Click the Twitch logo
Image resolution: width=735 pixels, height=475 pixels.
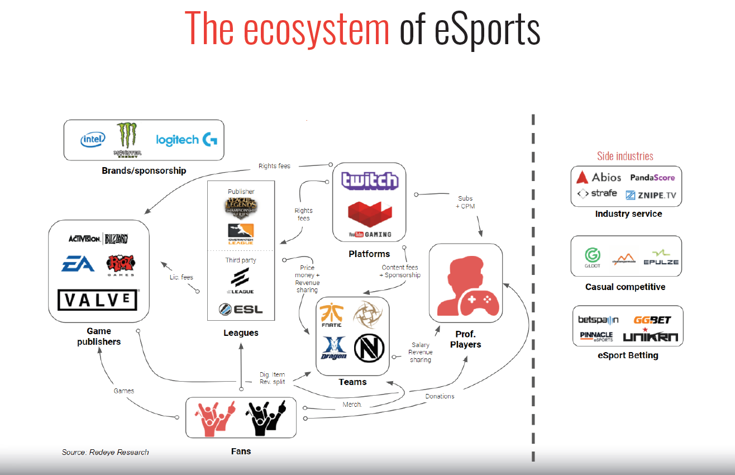(370, 180)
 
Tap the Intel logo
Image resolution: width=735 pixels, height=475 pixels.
(93, 140)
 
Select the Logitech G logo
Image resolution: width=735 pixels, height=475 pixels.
(187, 140)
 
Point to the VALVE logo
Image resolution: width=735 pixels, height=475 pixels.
(98, 300)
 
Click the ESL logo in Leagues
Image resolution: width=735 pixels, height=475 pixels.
(241, 309)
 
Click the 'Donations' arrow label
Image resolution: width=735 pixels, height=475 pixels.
(440, 396)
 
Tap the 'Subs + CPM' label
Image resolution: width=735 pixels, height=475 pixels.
(465, 202)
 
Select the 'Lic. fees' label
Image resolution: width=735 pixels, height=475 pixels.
(181, 277)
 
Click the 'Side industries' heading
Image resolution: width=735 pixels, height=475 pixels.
(625, 156)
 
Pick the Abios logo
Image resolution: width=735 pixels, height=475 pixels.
(599, 177)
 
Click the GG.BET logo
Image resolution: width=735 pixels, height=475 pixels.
(652, 320)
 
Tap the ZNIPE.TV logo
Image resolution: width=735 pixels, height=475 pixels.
(650, 195)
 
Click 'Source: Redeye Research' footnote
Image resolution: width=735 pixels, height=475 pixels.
(106, 452)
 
